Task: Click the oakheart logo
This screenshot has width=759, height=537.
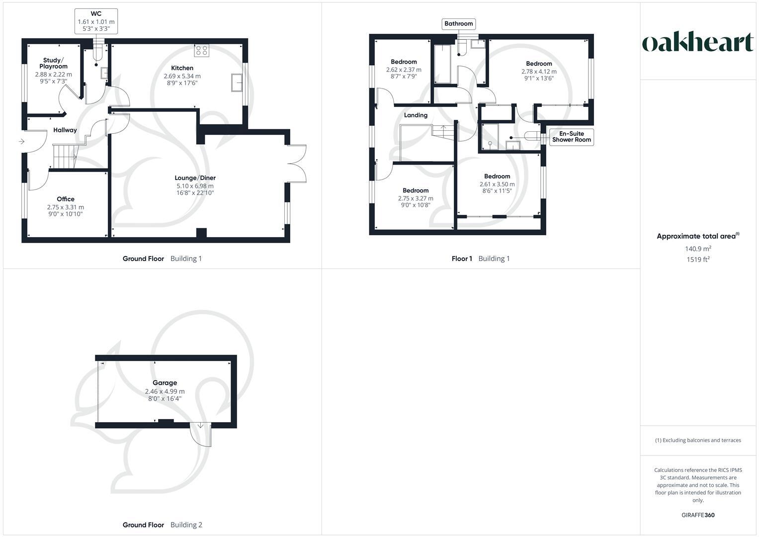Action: pyautogui.click(x=698, y=42)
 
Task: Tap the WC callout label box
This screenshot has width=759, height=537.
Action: pyautogui.click(x=96, y=21)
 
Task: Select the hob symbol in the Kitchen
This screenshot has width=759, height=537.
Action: pyautogui.click(x=202, y=50)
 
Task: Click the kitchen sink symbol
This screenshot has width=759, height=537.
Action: pyautogui.click(x=237, y=83)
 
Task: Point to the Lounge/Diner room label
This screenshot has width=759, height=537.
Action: pyautogui.click(x=195, y=178)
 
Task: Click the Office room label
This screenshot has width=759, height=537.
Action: pyautogui.click(x=66, y=199)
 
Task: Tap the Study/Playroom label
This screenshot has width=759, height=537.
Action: pyautogui.click(x=53, y=63)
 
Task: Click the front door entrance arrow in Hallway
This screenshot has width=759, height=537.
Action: pyautogui.click(x=21, y=142)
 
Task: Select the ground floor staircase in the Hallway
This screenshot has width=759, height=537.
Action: pyautogui.click(x=65, y=156)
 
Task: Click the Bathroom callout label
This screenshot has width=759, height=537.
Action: pyautogui.click(x=458, y=23)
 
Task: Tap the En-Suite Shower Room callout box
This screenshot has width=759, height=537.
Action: pyautogui.click(x=571, y=137)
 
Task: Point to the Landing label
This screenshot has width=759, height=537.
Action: pyautogui.click(x=416, y=115)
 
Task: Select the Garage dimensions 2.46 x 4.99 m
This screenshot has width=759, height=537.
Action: pyautogui.click(x=165, y=391)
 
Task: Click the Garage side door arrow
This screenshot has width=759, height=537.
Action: pyautogui.click(x=200, y=426)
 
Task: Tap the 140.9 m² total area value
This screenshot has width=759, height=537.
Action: pyautogui.click(x=697, y=249)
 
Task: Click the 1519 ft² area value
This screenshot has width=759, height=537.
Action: pyautogui.click(x=697, y=260)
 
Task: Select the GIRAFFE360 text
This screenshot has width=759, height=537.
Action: pyautogui.click(x=697, y=515)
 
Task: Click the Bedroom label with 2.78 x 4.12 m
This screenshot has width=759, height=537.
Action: pyautogui.click(x=539, y=64)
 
